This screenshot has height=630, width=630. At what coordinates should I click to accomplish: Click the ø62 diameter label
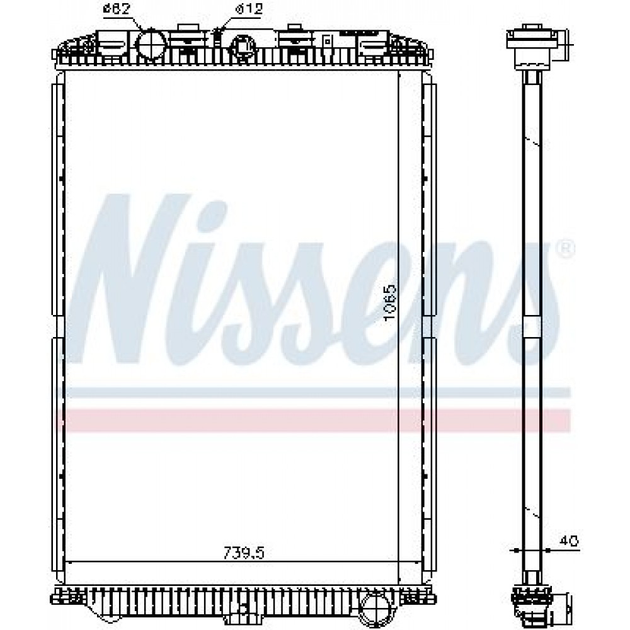point(117,9)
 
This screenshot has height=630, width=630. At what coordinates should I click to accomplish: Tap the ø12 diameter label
point(249,9)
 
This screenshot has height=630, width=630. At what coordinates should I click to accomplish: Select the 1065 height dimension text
point(390,302)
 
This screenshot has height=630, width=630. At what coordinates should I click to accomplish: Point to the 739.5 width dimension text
point(244,553)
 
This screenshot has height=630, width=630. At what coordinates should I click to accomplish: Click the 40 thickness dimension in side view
point(569,541)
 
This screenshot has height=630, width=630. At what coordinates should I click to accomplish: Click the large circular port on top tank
point(151,45)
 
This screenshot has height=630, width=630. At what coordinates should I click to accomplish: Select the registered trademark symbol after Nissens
point(565,249)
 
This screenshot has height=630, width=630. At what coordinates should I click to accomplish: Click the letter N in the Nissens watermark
point(128,279)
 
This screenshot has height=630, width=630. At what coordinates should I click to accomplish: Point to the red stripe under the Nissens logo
point(313,420)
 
